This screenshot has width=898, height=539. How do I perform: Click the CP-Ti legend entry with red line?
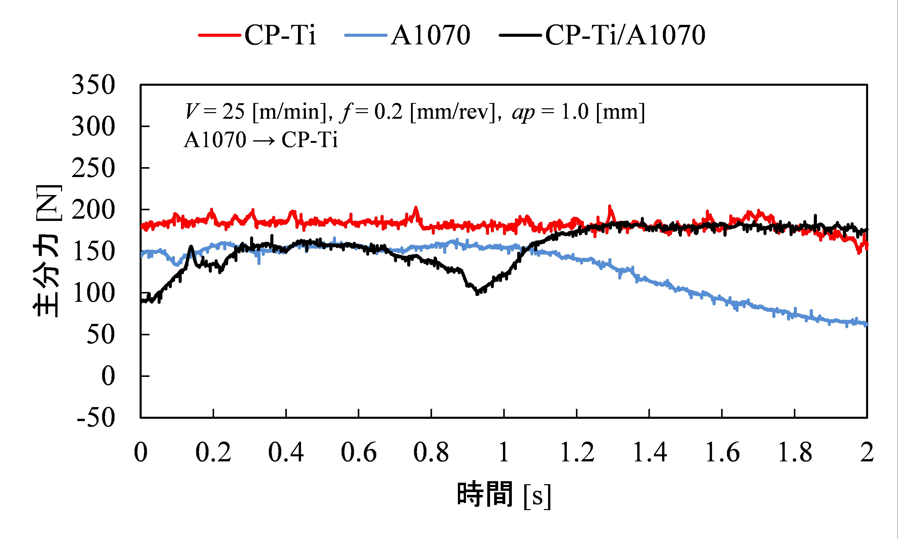point(258,35)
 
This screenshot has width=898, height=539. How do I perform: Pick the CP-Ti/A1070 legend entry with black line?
point(602,35)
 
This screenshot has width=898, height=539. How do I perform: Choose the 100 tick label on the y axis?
point(93,293)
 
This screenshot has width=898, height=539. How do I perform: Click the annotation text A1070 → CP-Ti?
point(260,140)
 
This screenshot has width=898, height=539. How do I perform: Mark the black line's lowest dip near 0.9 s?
point(477,292)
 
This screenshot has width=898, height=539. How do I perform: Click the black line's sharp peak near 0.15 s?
point(191,247)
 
